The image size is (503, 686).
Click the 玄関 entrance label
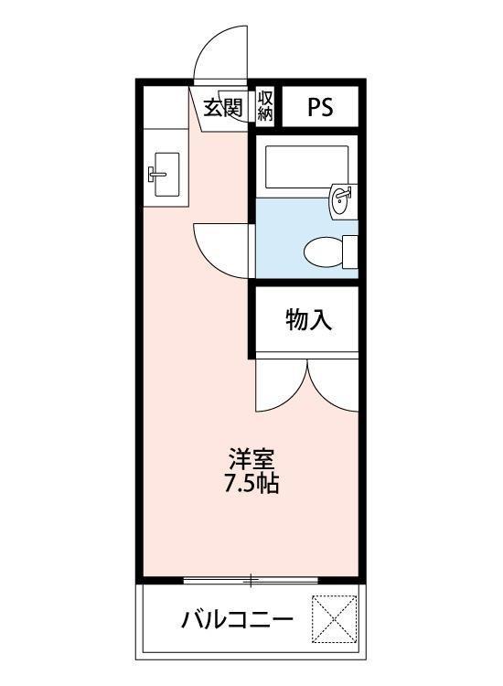tap(222, 107)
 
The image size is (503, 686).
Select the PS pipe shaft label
tap(319, 108)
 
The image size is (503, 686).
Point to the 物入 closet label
tap(307, 320)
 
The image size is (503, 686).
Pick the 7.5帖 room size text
tap(251, 484)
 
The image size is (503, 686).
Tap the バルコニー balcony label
tap(237, 621)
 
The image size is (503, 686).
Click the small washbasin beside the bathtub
tap(341, 198)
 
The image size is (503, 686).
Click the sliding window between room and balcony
tap(251, 579)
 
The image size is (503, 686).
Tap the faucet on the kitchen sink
tap(153, 171)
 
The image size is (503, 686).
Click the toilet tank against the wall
tap(348, 251)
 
